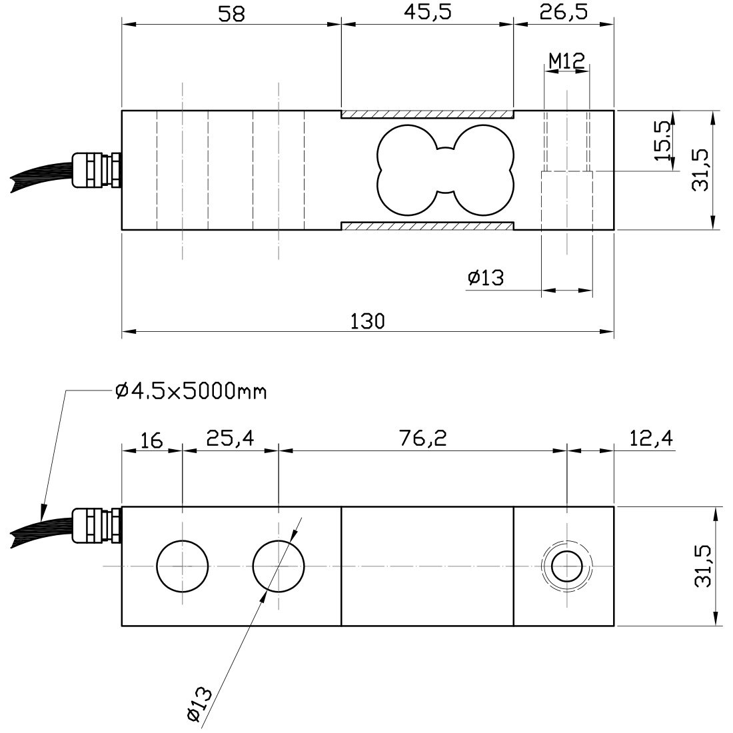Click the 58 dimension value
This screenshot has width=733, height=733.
click(x=231, y=13)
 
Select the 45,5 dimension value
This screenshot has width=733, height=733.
click(x=428, y=13)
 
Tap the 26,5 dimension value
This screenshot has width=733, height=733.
click(x=563, y=13)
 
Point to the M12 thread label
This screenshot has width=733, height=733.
click(x=566, y=61)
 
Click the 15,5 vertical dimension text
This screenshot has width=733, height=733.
click(x=662, y=141)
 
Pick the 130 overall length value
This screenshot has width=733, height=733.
click(x=367, y=321)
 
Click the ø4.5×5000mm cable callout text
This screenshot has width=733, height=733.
click(x=191, y=390)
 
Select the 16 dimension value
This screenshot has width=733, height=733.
click(x=151, y=440)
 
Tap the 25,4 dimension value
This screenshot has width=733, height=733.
click(x=230, y=438)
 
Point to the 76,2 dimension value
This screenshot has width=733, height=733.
click(x=423, y=438)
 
